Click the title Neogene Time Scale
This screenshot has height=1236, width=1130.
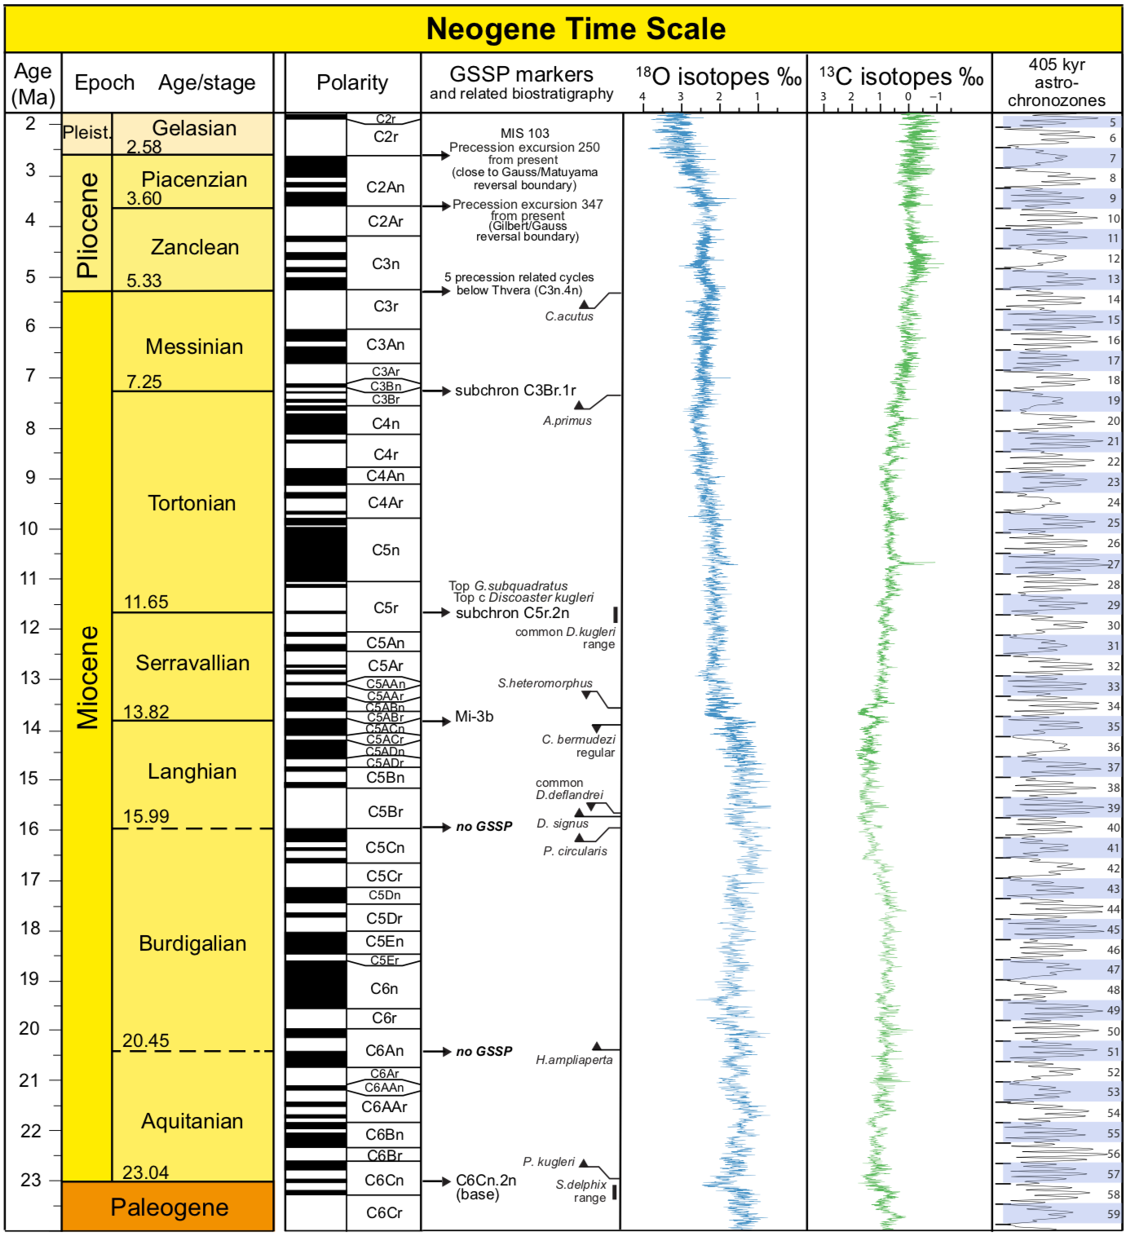[x=576, y=29]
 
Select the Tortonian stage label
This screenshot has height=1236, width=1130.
[x=192, y=503]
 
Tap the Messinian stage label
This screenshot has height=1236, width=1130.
[x=194, y=347]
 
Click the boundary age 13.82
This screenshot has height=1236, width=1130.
[x=146, y=713]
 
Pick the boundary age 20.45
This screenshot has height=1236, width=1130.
[x=145, y=1041]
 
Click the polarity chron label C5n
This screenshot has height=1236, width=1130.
[x=386, y=550]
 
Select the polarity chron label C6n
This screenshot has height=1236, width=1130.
[x=384, y=989]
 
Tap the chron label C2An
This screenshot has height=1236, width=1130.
[x=385, y=188]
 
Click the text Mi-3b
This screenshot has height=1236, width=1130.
[x=474, y=717]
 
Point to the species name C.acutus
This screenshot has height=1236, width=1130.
[x=569, y=316]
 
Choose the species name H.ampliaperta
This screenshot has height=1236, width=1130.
[x=574, y=1060]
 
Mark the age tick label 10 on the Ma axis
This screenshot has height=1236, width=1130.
[x=29, y=528]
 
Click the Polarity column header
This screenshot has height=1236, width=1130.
[x=352, y=82]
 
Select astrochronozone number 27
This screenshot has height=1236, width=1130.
[x=1113, y=564]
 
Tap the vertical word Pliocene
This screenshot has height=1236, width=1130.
[x=87, y=224]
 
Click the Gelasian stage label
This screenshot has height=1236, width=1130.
[x=194, y=128]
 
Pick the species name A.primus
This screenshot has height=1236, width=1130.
[x=567, y=421]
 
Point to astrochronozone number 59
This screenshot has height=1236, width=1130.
[x=1113, y=1215]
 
